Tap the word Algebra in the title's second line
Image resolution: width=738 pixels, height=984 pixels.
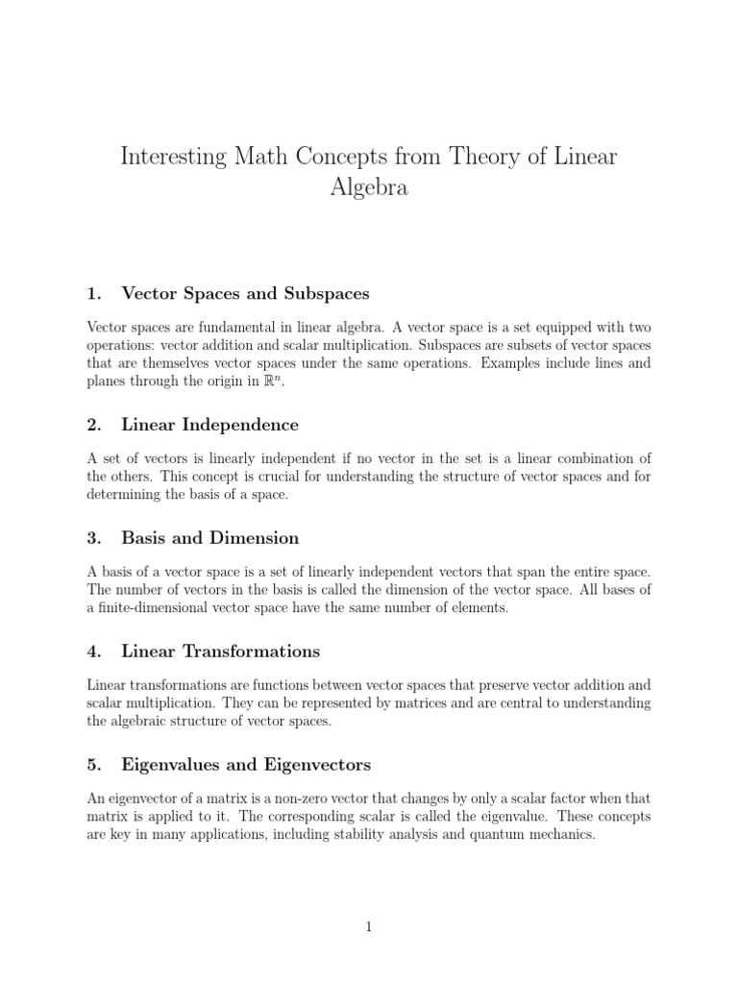coord(369,187)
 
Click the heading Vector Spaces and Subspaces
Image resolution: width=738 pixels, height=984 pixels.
coord(245,293)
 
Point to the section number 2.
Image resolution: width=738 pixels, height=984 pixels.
coord(93,425)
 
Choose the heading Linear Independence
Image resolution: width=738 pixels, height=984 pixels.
coord(209,425)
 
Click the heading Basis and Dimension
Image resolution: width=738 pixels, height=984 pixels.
coord(209,538)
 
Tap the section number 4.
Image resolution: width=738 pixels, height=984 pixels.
coord(93,652)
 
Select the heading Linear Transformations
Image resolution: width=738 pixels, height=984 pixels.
coord(220,652)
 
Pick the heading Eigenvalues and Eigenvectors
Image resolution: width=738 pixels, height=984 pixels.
coord(246,765)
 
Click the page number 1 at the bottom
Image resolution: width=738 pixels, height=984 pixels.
coord(369,926)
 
